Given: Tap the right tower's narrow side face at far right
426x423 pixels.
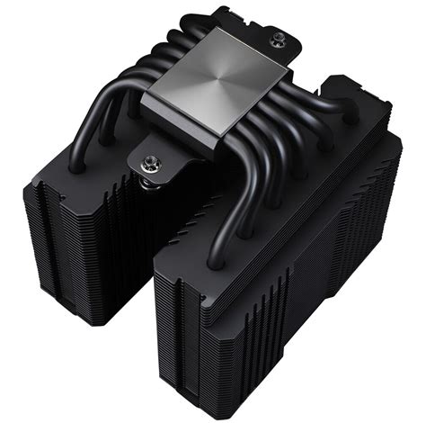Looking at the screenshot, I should point(395,234).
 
